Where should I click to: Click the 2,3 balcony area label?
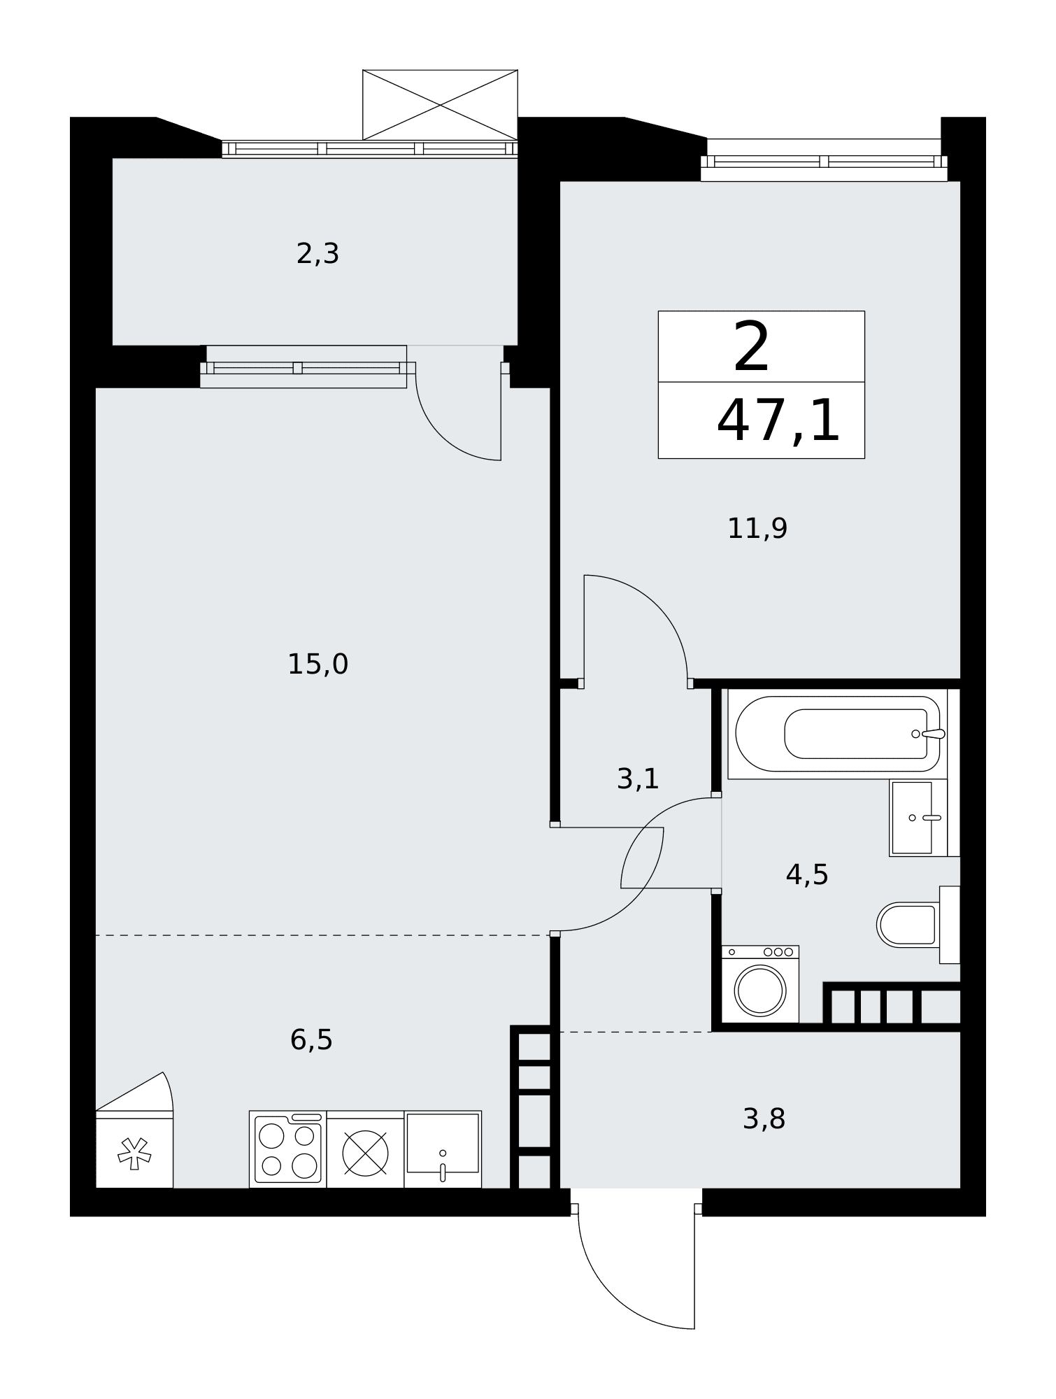click(x=317, y=253)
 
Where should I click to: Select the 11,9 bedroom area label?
click(x=757, y=528)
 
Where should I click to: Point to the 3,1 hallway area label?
click(x=638, y=779)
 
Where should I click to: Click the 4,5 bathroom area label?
click(x=807, y=874)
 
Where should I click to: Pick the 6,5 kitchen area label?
click(x=311, y=1039)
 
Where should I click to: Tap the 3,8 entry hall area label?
click(x=764, y=1119)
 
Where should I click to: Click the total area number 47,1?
click(x=778, y=420)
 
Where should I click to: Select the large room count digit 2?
click(x=752, y=347)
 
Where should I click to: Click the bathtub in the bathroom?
click(x=837, y=734)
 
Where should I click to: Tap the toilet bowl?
click(x=907, y=925)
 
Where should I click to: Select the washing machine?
click(x=760, y=984)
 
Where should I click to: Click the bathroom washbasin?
click(x=918, y=818)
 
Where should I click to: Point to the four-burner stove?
click(x=288, y=1149)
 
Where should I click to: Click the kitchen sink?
click(x=443, y=1149)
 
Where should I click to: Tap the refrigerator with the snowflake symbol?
click(x=134, y=1149)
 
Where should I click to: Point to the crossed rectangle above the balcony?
click(x=440, y=105)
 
